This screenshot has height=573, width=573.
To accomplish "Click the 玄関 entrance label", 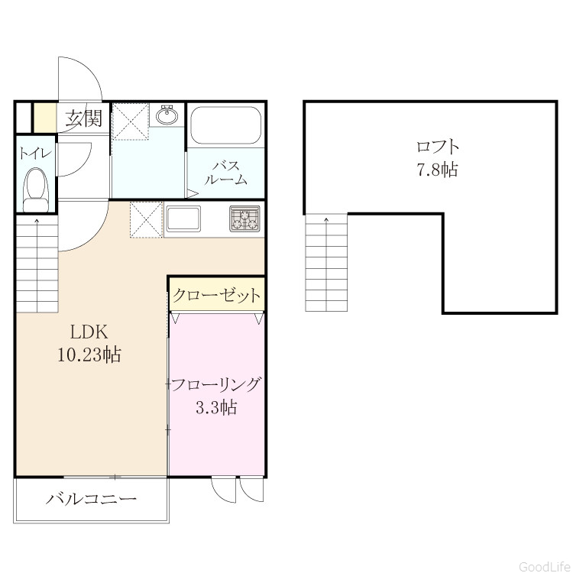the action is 84,118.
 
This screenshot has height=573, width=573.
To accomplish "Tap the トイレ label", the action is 34,153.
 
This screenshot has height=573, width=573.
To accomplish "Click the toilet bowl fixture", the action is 36,190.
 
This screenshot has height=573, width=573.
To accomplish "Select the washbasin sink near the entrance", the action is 167,115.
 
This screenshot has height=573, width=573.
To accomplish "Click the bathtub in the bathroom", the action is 226,125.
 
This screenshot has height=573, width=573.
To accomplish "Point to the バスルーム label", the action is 226,173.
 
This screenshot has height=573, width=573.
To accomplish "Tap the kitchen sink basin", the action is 183,219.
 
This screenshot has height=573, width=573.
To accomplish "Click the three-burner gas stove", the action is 244,219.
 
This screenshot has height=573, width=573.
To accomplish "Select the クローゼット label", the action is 216,295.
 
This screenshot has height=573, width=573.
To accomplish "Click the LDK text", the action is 89,332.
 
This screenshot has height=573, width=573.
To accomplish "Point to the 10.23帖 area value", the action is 89,354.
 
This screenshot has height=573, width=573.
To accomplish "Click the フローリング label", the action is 216,385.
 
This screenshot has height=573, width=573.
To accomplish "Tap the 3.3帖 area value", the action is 216,406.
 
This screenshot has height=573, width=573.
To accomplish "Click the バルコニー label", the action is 91,498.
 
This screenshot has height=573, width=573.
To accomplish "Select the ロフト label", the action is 438,147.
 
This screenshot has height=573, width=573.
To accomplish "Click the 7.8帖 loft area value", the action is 438,169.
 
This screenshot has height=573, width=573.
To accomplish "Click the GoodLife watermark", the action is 545,566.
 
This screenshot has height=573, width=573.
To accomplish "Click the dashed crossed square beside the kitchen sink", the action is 146,220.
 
